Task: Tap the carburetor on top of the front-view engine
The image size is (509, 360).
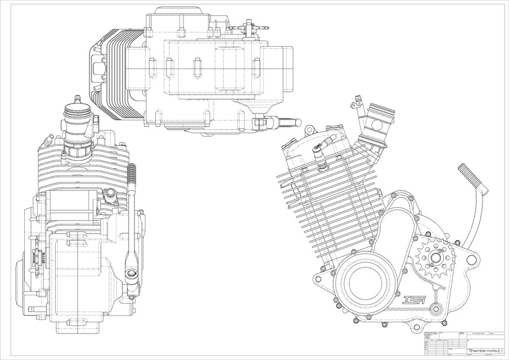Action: click(74, 129)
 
